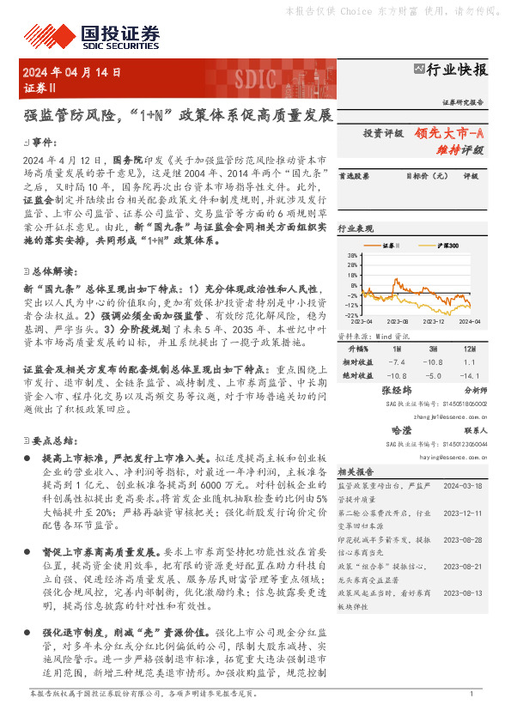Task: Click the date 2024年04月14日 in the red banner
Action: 72,72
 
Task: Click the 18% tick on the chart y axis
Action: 353,256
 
